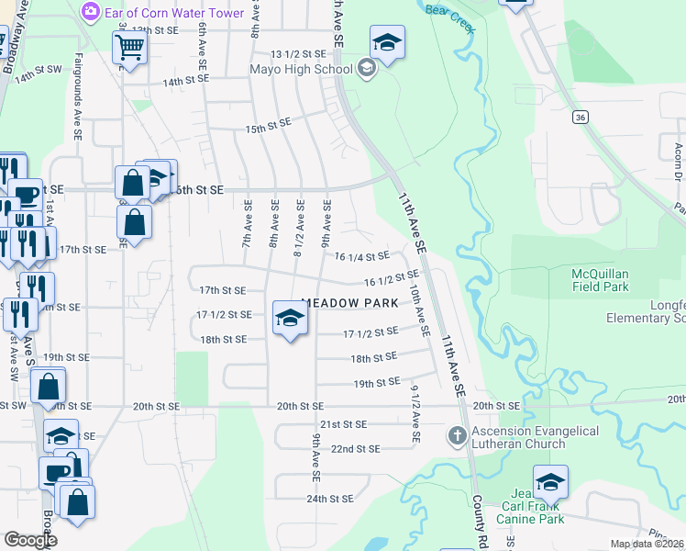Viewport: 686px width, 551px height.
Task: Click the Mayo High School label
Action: pyautogui.click(x=302, y=69)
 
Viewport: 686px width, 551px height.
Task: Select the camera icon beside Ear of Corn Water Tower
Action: pyautogui.click(x=91, y=13)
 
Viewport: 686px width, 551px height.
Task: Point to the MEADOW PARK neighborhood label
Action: pyautogui.click(x=350, y=303)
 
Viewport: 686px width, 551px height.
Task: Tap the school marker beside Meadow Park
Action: pyautogui.click(x=290, y=319)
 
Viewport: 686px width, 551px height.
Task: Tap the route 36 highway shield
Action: pyautogui.click(x=579, y=117)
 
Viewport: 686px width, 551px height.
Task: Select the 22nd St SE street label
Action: pyautogui.click(x=355, y=449)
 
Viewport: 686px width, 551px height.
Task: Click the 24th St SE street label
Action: pyautogui.click(x=329, y=499)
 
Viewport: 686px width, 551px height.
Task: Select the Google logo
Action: pyautogui.click(x=31, y=540)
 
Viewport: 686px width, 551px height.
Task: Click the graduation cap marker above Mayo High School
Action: pyautogui.click(x=387, y=42)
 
